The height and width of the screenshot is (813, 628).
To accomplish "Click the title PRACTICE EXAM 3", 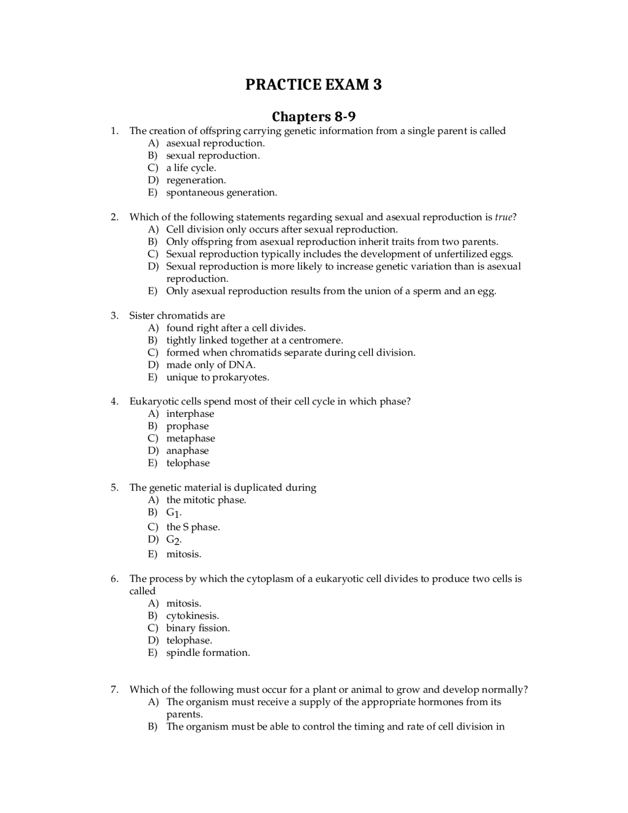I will (x=314, y=84).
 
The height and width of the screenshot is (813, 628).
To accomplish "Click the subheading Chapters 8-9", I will (x=314, y=117).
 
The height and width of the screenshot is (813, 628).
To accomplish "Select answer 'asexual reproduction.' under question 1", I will (x=215, y=143).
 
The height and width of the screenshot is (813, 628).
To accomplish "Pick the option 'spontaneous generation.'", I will (x=221, y=192).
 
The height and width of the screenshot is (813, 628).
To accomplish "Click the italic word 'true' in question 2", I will (x=503, y=217).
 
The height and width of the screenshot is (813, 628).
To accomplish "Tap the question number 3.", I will (x=114, y=316).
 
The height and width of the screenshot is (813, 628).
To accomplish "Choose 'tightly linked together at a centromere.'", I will (x=254, y=340).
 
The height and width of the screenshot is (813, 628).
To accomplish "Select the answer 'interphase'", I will (x=190, y=414).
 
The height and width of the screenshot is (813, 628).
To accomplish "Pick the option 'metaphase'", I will (x=190, y=438).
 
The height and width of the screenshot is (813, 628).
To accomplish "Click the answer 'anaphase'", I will (x=187, y=451).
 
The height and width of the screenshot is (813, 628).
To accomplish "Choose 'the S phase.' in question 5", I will (x=193, y=527).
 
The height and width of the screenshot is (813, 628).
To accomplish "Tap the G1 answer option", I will (x=174, y=513).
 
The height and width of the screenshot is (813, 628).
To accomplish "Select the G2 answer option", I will (x=174, y=540).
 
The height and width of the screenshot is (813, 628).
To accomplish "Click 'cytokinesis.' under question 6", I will (x=192, y=616).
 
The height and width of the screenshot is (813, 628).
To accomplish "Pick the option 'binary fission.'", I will (x=198, y=628).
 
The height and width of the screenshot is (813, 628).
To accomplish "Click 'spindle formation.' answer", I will (x=208, y=652).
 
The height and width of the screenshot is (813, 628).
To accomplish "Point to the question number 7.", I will (x=114, y=689).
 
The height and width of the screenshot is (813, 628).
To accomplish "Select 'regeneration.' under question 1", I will (x=196, y=180).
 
